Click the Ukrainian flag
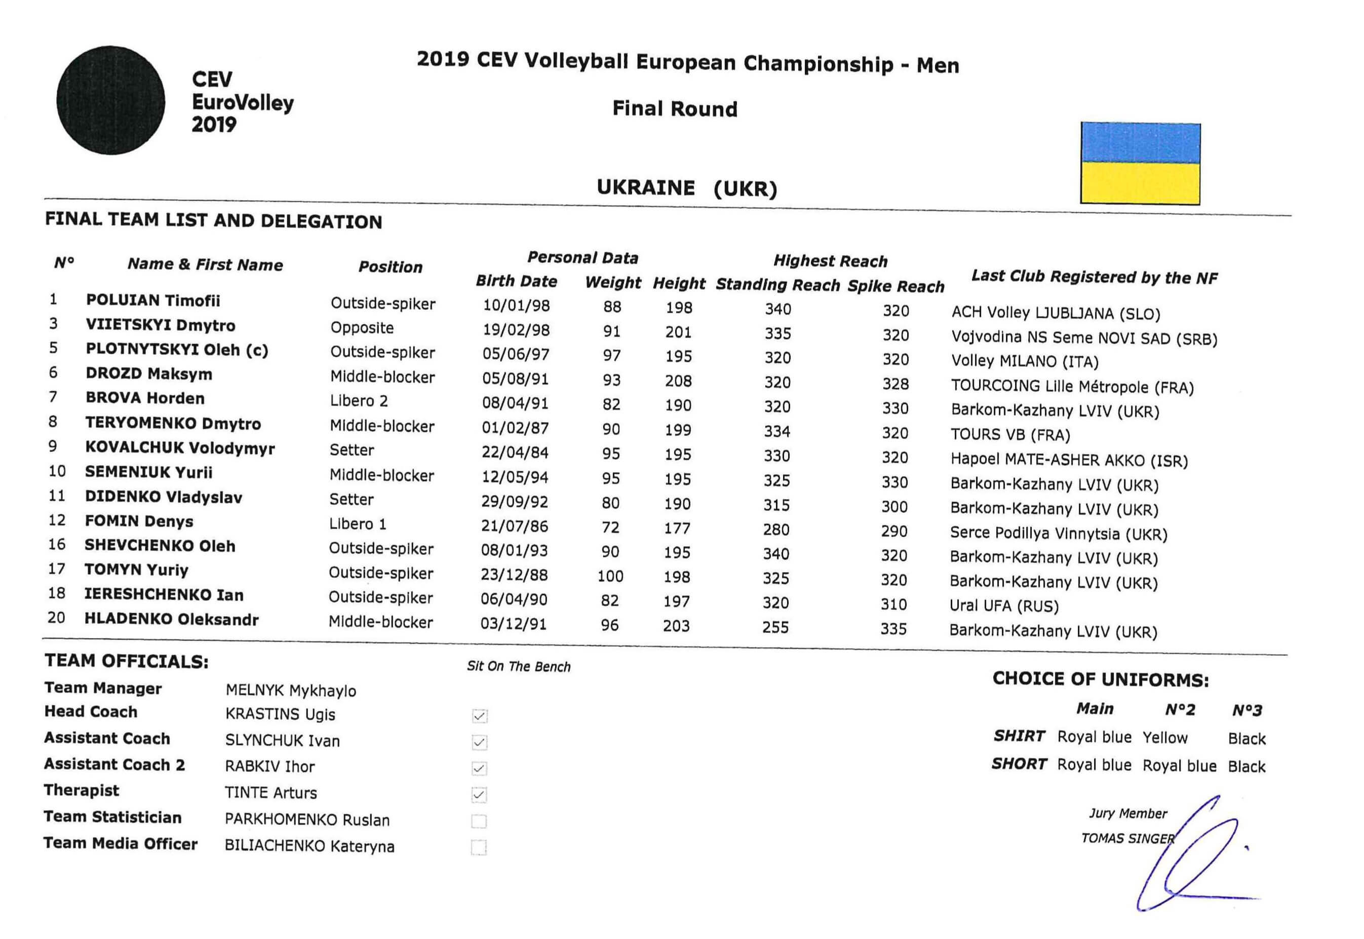pyautogui.click(x=1140, y=163)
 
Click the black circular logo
pyautogui.click(x=110, y=101)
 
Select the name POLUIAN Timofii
pyautogui.click(x=153, y=301)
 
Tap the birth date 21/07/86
pyautogui.click(x=514, y=526)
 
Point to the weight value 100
pyautogui.click(x=610, y=576)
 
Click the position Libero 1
pyautogui.click(x=358, y=523)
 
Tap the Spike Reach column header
pyautogui.click(x=895, y=286)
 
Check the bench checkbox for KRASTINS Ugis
pyautogui.click(x=479, y=716)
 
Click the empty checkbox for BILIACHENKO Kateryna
pyautogui.click(x=479, y=847)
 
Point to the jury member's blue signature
pyautogui.click(x=1193, y=859)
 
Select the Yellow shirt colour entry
pyautogui.click(x=1164, y=738)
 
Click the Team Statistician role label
pyautogui.click(x=112, y=817)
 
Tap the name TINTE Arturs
pyautogui.click(x=270, y=793)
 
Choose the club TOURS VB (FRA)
pyautogui.click(x=1010, y=435)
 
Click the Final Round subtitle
pyautogui.click(x=674, y=109)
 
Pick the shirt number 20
pyautogui.click(x=56, y=618)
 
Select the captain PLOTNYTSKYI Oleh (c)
pyautogui.click(x=177, y=350)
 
